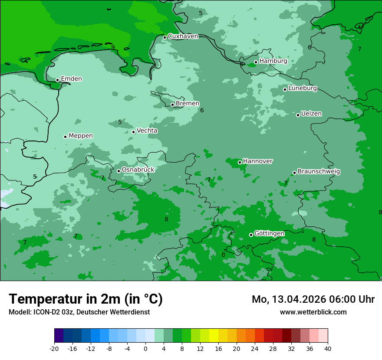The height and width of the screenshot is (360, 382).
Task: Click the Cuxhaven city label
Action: [x=183, y=36]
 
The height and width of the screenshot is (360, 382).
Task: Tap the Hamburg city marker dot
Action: [x=256, y=62]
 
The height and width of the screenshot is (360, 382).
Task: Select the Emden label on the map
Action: [x=71, y=79]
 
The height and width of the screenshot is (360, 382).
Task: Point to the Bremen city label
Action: [x=188, y=104]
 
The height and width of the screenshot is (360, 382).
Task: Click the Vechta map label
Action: [x=147, y=131]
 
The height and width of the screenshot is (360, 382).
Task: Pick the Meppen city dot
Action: [x=65, y=137]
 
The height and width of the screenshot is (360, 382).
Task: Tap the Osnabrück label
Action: [x=138, y=170]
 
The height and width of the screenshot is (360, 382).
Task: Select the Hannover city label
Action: [x=258, y=161]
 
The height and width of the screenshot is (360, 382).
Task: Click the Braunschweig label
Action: [x=319, y=172]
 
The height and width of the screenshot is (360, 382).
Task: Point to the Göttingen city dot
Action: [x=251, y=235]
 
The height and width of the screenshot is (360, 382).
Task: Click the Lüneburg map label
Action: [x=303, y=88]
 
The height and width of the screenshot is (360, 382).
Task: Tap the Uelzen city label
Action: [x=311, y=114]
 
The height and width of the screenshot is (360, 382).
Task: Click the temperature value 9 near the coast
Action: [x=113, y=48]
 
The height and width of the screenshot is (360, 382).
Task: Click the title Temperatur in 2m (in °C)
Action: [x=86, y=299]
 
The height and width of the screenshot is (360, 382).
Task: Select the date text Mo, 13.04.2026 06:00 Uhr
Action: [x=313, y=299]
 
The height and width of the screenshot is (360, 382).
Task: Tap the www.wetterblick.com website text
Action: [x=313, y=312]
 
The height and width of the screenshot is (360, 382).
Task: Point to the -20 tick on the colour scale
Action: [x=54, y=349]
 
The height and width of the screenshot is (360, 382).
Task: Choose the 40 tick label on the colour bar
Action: [x=328, y=349]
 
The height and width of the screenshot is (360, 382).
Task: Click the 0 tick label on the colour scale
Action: [x=145, y=349]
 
